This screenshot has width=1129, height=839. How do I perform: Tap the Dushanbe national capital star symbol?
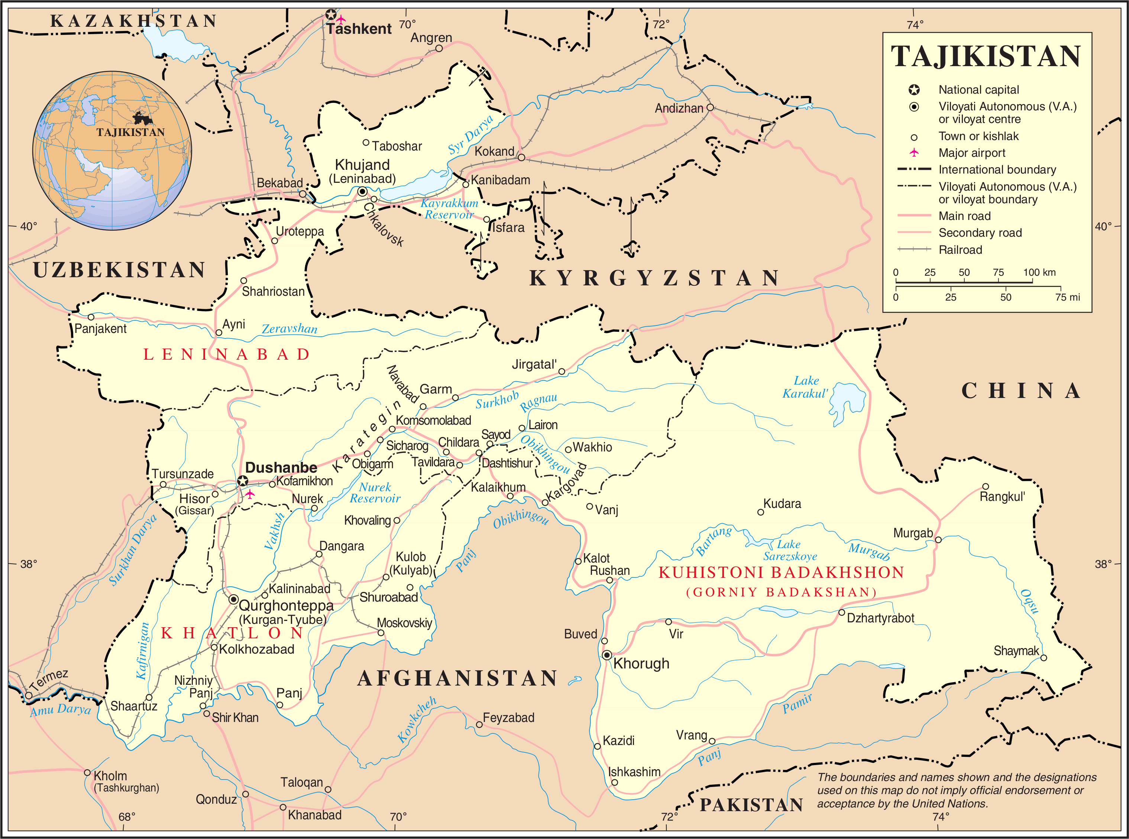pyautogui.click(x=243, y=481)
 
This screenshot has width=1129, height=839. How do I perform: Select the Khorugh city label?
pyautogui.click(x=641, y=663)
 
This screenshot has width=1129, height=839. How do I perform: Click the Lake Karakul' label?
pyautogui.click(x=805, y=387)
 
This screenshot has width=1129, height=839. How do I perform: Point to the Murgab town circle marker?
pyautogui.click(x=938, y=540)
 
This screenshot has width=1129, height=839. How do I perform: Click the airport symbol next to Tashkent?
pyautogui.click(x=341, y=19)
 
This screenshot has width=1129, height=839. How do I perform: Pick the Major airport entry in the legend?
pyautogui.click(x=971, y=153)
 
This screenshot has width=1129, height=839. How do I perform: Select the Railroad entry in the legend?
pyautogui.click(x=960, y=250)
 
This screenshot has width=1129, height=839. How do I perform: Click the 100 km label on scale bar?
pyautogui.click(x=1039, y=272)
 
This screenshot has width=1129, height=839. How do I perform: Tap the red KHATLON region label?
pyautogui.click(x=232, y=633)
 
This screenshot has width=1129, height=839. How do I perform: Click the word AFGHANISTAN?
pyautogui.click(x=457, y=678)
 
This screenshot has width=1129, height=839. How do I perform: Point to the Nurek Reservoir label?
pyautogui.click(x=375, y=493)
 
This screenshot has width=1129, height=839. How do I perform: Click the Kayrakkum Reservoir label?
pyautogui.click(x=449, y=209)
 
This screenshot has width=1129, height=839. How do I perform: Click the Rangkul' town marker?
pyautogui.click(x=985, y=486)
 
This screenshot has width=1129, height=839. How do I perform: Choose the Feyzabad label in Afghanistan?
pyautogui.click(x=508, y=717)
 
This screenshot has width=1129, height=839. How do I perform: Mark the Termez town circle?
pyautogui.click(x=29, y=695)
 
